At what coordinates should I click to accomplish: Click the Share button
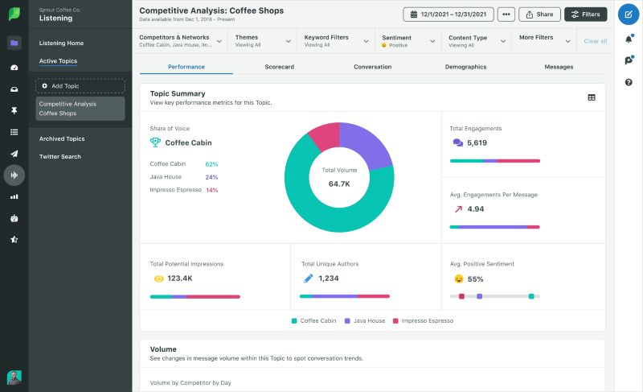[x=539, y=14]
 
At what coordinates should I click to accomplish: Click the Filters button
[x=586, y=14]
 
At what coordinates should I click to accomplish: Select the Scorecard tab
[x=279, y=67]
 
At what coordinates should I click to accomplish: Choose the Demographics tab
[x=465, y=67]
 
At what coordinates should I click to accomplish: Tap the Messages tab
[x=559, y=67]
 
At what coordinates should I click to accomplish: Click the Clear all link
[x=595, y=41]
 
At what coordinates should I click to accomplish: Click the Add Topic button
[x=80, y=85]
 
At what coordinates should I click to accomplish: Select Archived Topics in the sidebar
[x=63, y=139]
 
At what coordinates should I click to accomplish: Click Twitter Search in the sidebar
[x=60, y=156]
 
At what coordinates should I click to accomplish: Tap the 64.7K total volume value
[x=339, y=184]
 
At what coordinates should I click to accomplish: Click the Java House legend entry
[x=368, y=320]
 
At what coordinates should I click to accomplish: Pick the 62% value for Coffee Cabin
[x=211, y=164]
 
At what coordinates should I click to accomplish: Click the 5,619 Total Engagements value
[x=477, y=142]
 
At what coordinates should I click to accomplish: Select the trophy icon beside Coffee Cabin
[x=155, y=142]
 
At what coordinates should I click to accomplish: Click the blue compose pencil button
[x=629, y=14]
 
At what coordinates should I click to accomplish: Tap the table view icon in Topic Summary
[x=592, y=97]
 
